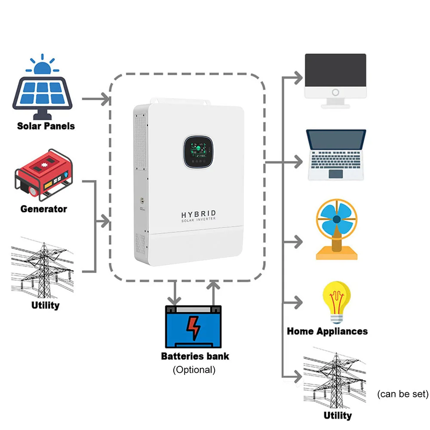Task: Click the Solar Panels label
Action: point(46,126)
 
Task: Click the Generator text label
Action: point(44,209)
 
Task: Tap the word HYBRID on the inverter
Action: point(198,214)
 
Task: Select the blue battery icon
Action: point(193,326)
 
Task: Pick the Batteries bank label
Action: point(195,356)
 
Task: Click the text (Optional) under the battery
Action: point(194,369)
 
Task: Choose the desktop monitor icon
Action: point(335,80)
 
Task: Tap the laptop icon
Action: point(335,154)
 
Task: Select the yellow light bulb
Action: point(336,301)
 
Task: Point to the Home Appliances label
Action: point(327,331)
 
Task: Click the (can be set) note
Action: point(402,394)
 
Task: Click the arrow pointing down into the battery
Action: point(174,292)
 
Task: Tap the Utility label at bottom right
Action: point(338,415)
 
